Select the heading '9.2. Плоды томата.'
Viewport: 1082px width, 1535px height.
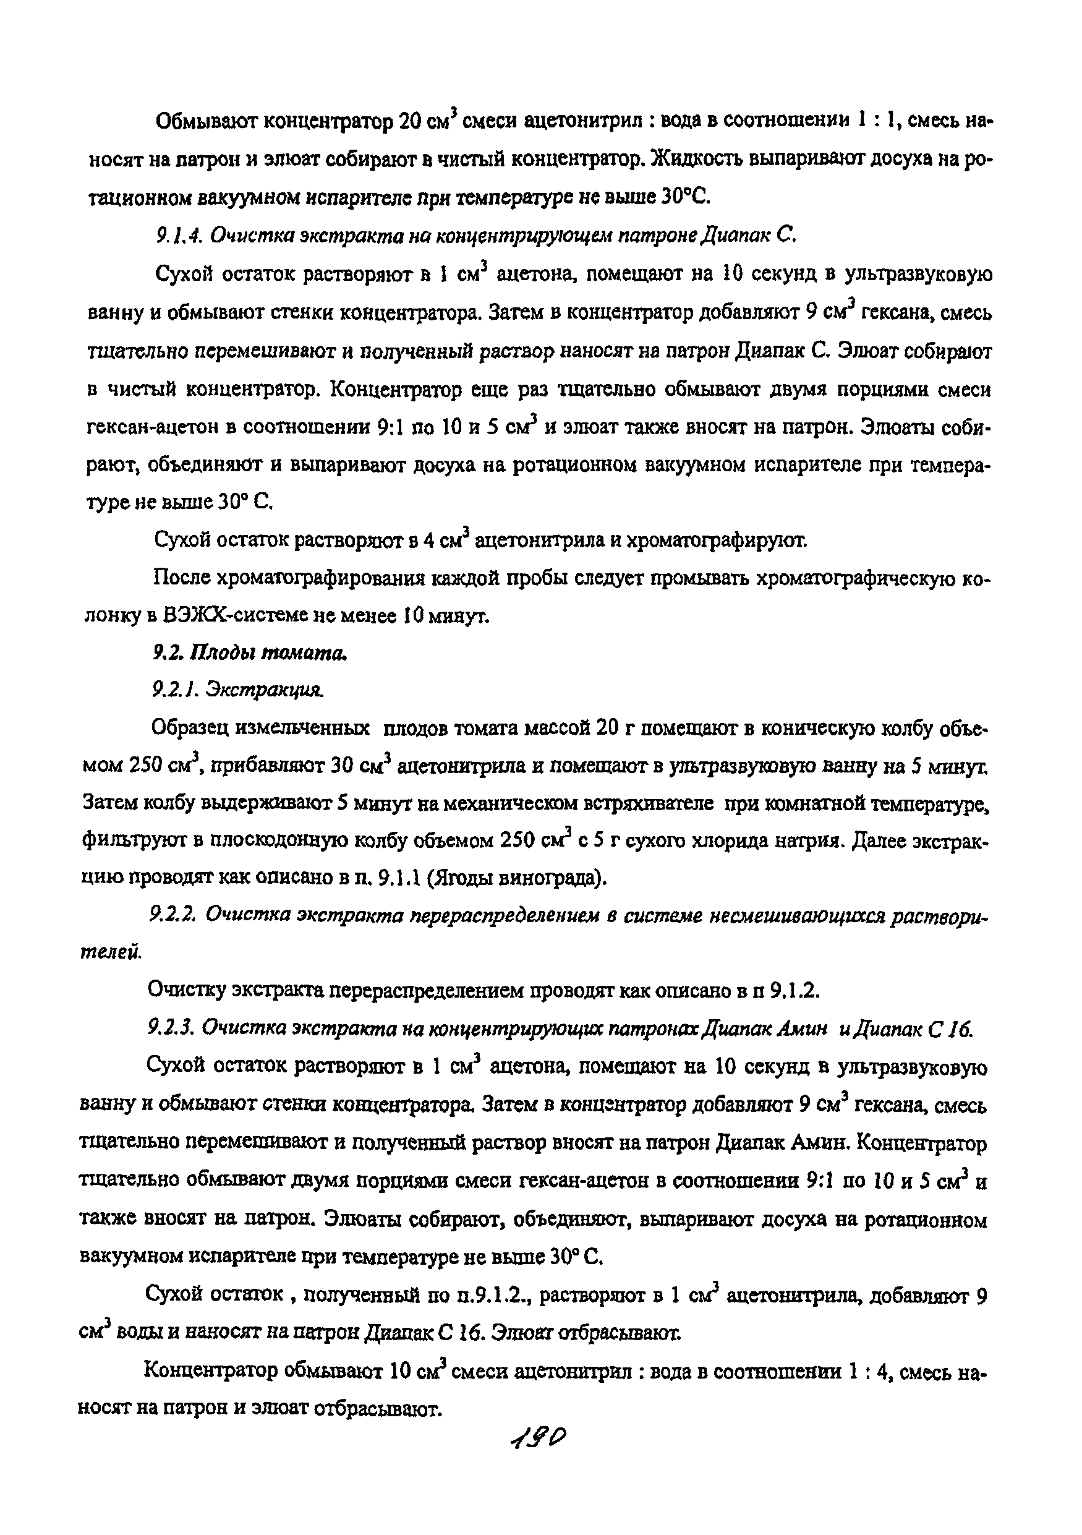(250, 653)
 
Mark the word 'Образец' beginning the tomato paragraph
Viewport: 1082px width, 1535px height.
(190, 728)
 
